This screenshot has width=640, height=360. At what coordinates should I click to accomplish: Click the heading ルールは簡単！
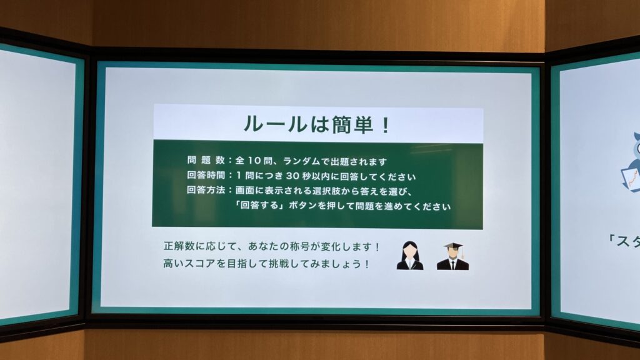[x=316, y=124]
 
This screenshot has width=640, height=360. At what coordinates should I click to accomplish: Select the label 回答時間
[x=206, y=175]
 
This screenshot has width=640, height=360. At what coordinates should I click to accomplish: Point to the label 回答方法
[x=206, y=190]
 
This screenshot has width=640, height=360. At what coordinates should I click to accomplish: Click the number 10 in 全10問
[x=254, y=161]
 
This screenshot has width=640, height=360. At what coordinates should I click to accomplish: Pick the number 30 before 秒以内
[x=292, y=176]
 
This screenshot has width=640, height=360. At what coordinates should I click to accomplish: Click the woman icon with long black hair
[x=410, y=256]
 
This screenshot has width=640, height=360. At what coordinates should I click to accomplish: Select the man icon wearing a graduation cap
[x=452, y=256]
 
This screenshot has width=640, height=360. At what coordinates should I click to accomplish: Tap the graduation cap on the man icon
[x=454, y=246]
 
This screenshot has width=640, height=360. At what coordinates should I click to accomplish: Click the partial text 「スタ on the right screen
[x=623, y=241]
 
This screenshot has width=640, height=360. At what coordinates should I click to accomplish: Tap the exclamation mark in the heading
[x=385, y=125]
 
